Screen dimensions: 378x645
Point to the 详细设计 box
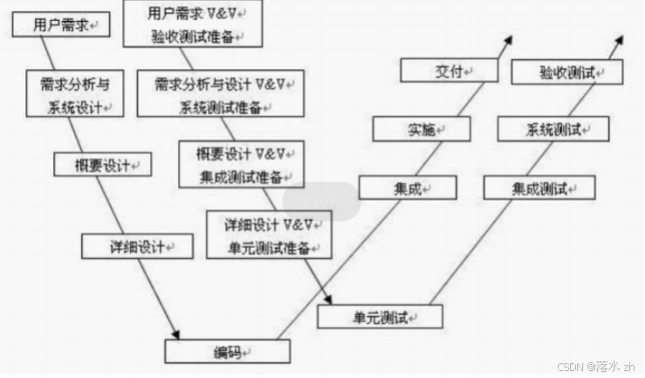coord(138,246)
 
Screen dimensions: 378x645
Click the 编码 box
coord(227,352)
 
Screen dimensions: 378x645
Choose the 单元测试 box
coord(380,315)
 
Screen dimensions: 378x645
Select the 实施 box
coord(422,130)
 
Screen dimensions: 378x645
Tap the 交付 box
coord(449,70)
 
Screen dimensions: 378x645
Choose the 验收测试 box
coord(566,72)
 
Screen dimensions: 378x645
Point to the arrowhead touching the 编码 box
coord(176,335)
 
